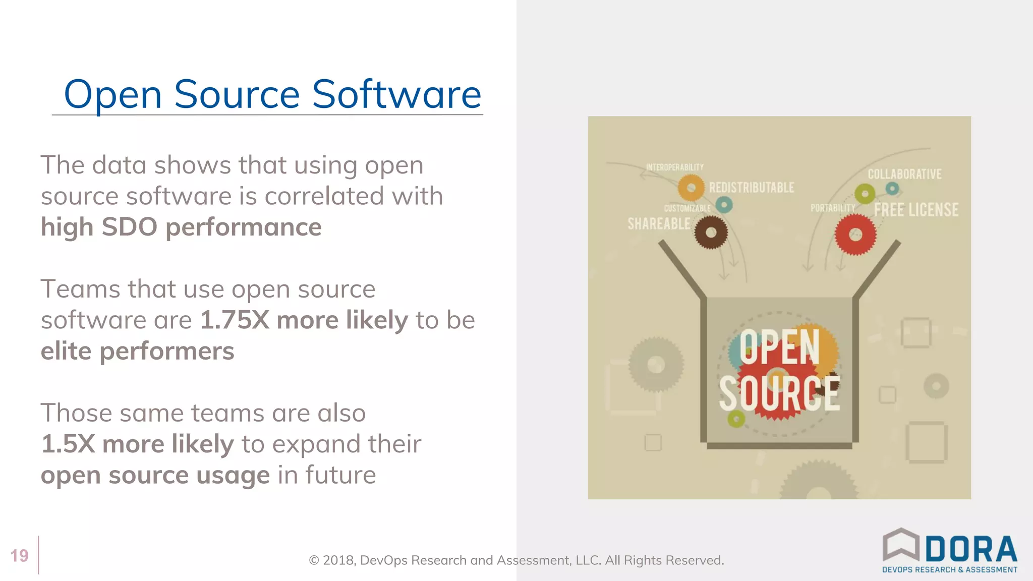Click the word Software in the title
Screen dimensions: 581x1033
coord(396,94)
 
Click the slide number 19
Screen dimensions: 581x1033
coord(19,556)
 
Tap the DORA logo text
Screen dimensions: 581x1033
coord(971,549)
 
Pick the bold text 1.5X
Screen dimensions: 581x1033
coord(68,444)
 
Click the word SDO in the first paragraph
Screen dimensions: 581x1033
coord(129,227)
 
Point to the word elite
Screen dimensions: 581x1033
coord(66,351)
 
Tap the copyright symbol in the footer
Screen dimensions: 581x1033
coord(314,560)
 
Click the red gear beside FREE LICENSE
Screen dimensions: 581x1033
coord(855,235)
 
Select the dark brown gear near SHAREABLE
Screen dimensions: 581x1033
coord(711,233)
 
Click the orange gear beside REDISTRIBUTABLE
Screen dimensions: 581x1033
coord(691,188)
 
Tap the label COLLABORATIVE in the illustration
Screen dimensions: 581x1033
coord(904,175)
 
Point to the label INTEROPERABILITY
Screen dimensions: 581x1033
coord(674,167)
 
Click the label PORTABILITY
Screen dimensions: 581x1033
coord(833,208)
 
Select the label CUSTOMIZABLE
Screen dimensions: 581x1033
coord(687,208)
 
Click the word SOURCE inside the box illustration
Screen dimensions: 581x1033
coord(779,394)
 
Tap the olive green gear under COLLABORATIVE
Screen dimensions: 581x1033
coord(865,194)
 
